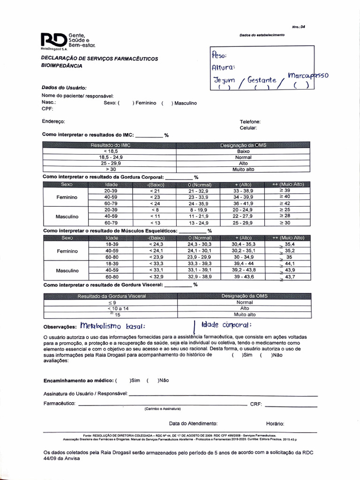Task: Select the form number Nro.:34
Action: click(x=299, y=27)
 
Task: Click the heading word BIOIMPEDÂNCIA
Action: click(x=62, y=66)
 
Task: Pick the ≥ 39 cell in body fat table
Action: click(x=285, y=191)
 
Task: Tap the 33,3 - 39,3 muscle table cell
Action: click(x=199, y=263)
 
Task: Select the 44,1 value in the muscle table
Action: click(x=290, y=263)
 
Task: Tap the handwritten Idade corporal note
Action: click(x=226, y=325)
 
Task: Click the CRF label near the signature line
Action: click(x=255, y=404)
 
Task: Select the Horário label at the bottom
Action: click(x=275, y=423)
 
